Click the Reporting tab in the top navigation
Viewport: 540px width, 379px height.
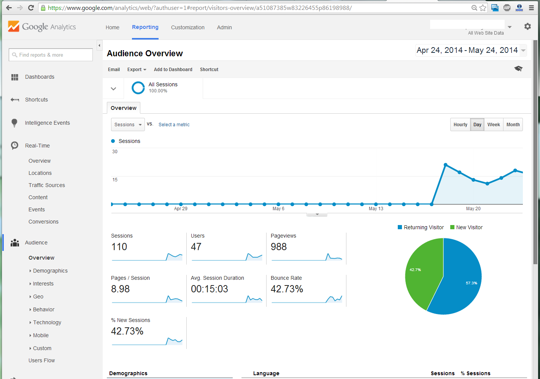pos(145,27)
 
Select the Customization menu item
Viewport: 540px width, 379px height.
pos(187,27)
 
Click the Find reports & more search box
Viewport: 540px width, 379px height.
pos(51,55)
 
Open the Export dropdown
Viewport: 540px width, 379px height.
pos(137,70)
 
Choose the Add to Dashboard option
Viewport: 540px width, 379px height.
pos(173,70)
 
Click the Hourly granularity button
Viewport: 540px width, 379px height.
pos(460,125)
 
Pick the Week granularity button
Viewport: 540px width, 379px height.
pos(494,125)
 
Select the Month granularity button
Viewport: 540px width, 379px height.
pos(513,125)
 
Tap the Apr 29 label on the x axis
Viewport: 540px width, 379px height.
pos(181,209)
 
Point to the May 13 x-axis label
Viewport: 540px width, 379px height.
pos(376,209)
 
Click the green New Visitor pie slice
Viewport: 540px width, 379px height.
pos(422,274)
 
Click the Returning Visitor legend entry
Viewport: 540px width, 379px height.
pos(421,227)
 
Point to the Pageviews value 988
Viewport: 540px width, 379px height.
pos(279,247)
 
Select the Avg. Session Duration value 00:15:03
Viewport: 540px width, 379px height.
pos(210,289)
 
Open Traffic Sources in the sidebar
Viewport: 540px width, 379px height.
pos(47,185)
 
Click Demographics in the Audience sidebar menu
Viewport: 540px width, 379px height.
pos(50,271)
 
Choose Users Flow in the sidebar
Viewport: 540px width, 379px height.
pos(41,360)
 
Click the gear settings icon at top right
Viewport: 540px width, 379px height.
pos(527,27)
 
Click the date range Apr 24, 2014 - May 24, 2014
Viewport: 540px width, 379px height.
pos(467,50)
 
